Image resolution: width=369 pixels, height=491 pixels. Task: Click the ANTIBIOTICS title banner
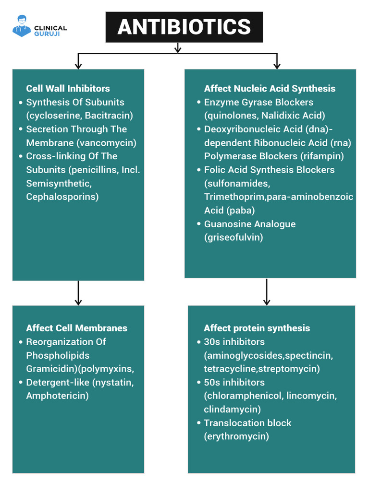[184, 27]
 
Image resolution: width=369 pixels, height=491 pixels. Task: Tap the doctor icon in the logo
[22, 25]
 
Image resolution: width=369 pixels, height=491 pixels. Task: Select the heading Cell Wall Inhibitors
[68, 88]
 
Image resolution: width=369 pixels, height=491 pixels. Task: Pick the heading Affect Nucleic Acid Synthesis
[270, 88]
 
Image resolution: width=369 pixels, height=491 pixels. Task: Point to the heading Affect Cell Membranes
[76, 328]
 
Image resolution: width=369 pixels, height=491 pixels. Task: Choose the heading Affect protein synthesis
[257, 328]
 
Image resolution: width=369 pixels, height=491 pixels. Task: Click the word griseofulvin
[234, 237]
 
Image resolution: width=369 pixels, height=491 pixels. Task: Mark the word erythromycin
[236, 436]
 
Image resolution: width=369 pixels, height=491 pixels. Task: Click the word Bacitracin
[108, 116]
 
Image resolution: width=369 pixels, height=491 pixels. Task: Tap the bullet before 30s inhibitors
[199, 342]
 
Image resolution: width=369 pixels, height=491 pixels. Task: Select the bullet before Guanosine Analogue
[199, 224]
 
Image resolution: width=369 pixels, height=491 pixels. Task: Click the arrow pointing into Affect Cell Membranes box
[78, 294]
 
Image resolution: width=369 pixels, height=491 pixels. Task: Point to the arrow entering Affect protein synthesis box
[267, 292]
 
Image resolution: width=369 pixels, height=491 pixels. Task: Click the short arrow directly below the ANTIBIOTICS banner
[177, 48]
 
